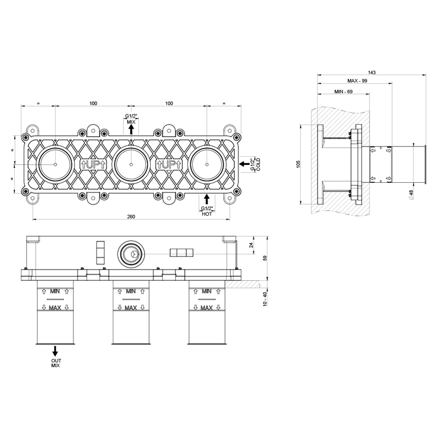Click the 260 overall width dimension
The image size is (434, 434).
131,217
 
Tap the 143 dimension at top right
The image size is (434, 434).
371,73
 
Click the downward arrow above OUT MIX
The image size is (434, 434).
55,351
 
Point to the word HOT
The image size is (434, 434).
207,214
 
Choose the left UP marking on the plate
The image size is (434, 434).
93,164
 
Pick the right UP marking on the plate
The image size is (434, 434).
169,164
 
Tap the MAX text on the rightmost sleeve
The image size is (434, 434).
206,308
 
